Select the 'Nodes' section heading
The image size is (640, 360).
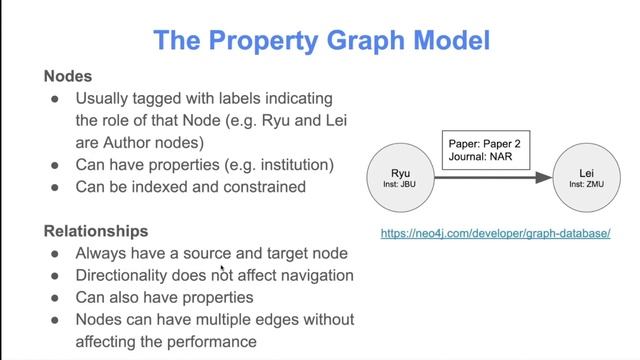pos(68,76)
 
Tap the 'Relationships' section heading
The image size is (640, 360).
pos(96,231)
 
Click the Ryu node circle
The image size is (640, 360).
pos(399,177)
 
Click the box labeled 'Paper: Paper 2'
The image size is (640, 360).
pos(485,143)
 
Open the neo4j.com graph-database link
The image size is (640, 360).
pos(496,233)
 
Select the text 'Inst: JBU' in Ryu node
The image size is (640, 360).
pos(399,184)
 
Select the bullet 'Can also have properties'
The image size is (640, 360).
pos(164,297)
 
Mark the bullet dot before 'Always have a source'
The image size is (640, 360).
pos(56,253)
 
